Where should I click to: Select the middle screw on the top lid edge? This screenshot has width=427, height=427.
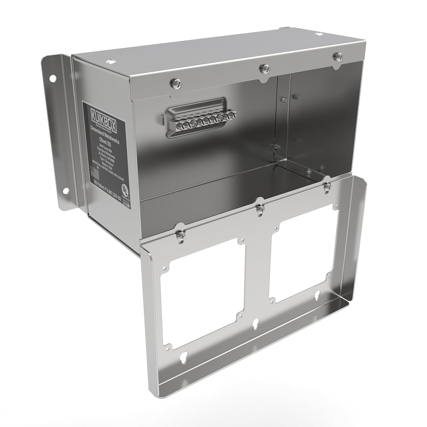pos(265,68)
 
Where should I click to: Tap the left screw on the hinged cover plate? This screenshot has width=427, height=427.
pos(181,235)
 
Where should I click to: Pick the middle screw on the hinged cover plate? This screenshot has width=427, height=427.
pos(260,210)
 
